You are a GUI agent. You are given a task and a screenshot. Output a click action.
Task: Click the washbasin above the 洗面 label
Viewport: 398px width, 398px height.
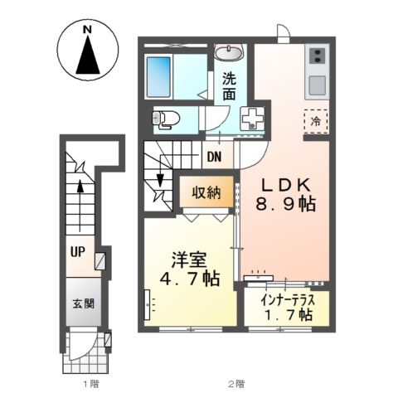coord(228,54)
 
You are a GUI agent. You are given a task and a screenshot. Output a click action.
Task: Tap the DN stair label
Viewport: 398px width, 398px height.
coord(214,157)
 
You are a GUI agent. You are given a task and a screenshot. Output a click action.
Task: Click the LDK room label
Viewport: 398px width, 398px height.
coord(284,183)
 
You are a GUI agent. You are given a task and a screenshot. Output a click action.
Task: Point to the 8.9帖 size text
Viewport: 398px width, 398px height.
coord(284,205)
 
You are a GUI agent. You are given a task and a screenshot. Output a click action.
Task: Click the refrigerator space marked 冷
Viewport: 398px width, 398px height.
coord(316,122)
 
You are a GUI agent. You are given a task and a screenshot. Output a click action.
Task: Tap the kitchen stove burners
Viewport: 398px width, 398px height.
coord(318,56)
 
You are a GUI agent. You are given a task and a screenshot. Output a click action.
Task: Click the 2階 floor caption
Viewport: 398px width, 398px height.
coord(236,383)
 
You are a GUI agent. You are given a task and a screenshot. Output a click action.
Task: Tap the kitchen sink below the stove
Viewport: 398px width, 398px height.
coord(318,84)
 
